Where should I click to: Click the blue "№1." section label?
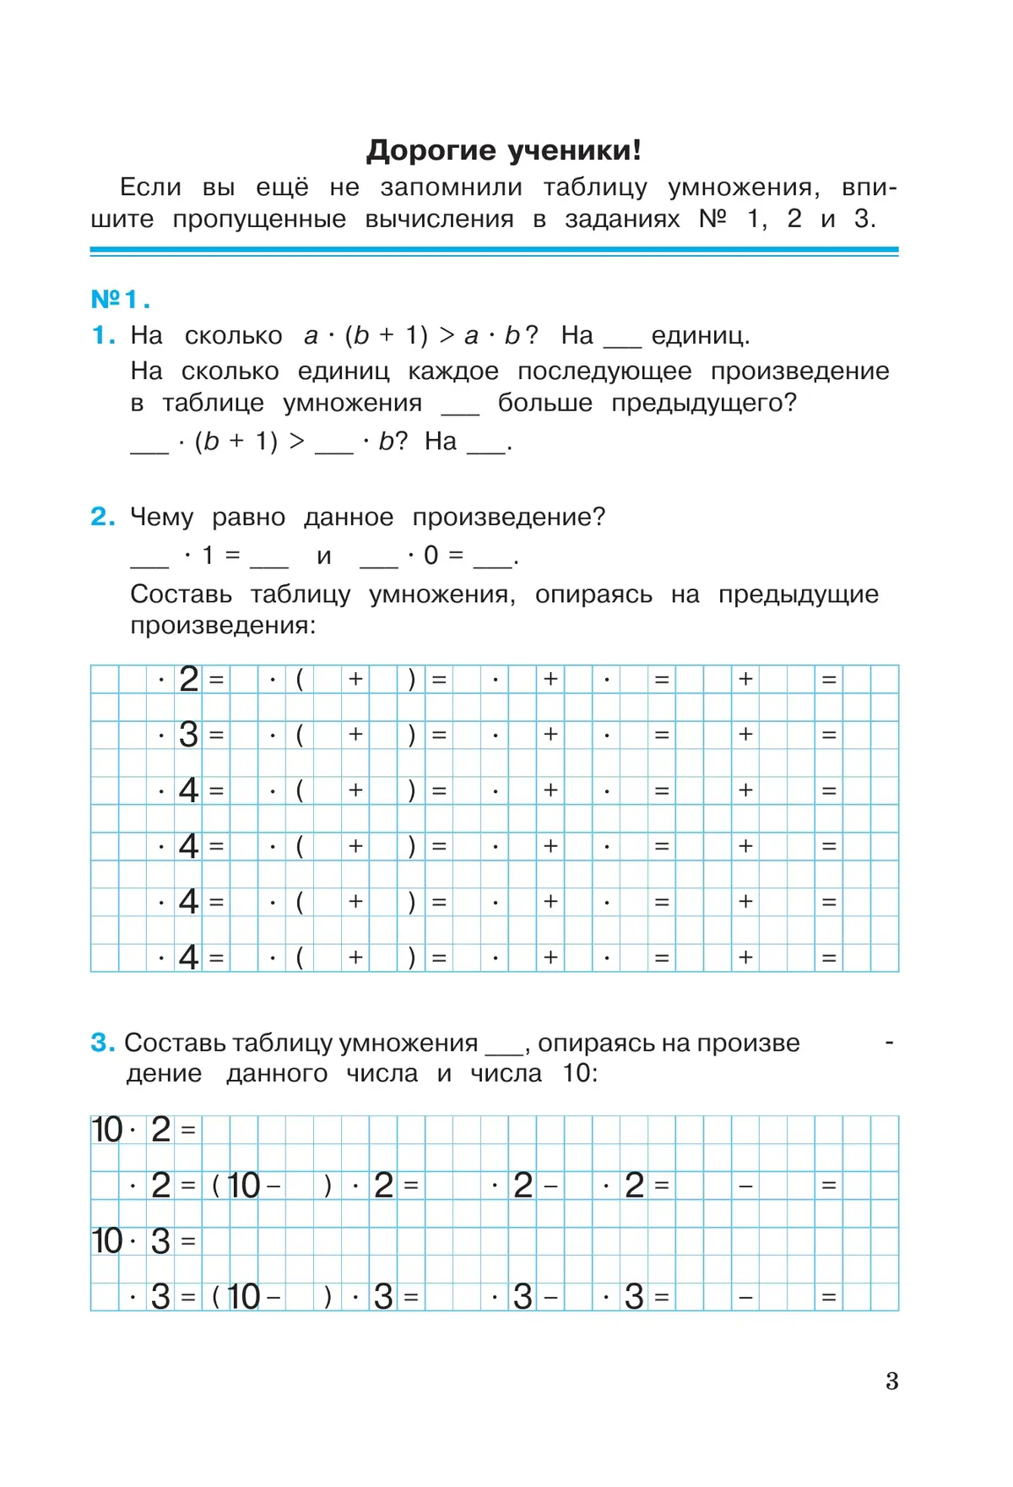coord(120,299)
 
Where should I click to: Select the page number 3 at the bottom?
coord(891,1381)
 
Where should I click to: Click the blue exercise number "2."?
coord(102,516)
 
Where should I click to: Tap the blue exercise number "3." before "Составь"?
coord(102,1042)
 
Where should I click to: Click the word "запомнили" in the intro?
coord(451,187)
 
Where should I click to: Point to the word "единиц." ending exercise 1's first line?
coord(700,335)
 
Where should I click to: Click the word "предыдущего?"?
coord(703,403)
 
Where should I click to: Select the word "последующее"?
coord(604,371)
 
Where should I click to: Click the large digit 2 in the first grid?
coord(189,679)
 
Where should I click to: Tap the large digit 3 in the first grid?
coord(189,735)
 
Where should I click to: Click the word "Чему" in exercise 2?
coord(161,517)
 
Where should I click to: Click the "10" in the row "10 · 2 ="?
coord(107,1130)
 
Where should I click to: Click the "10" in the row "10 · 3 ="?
coord(107,1241)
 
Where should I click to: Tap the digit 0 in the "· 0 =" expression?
coord(431,555)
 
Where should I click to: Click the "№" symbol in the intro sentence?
coord(713,219)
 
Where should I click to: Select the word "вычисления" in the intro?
coord(439,220)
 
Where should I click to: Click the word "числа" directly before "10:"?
coord(506,1073)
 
